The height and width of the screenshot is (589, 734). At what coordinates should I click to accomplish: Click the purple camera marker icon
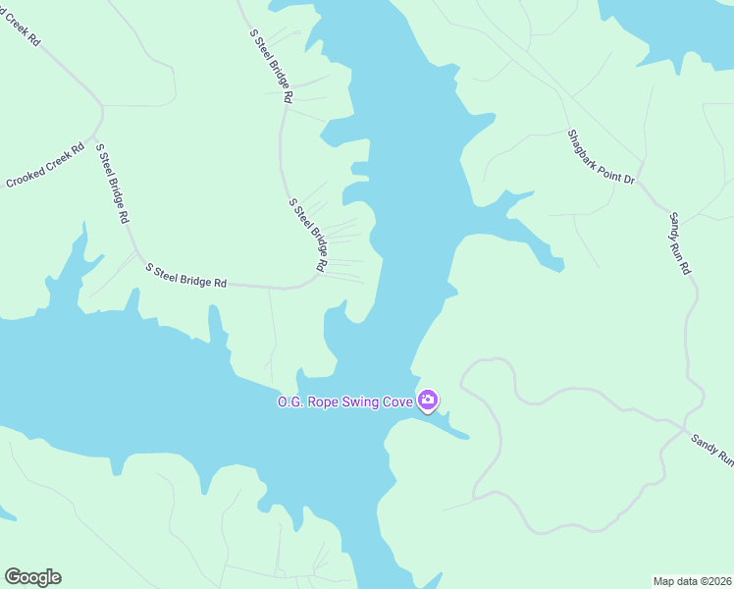(x=428, y=400)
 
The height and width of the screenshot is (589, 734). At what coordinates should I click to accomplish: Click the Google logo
(x=32, y=577)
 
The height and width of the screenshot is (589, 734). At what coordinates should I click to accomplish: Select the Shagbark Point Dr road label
(x=602, y=158)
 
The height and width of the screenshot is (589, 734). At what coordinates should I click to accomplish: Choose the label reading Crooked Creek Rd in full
(x=46, y=168)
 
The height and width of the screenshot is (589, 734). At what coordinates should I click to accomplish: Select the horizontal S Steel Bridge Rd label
(x=186, y=275)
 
